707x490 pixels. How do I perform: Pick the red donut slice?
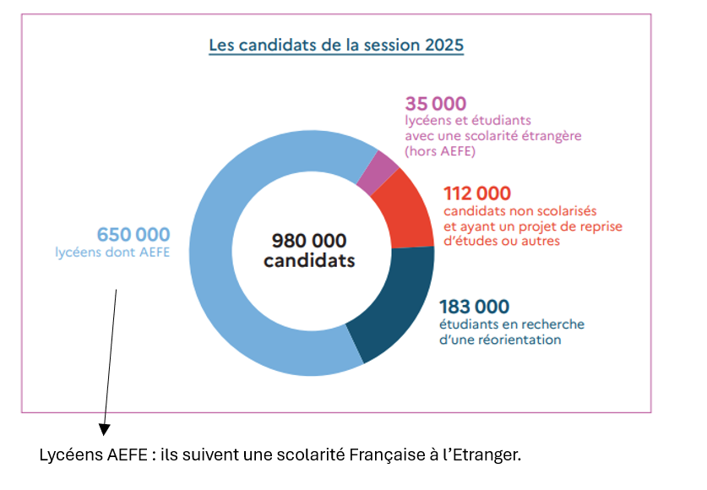pyautogui.click(x=408, y=210)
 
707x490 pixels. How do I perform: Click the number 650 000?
pyautogui.click(x=133, y=234)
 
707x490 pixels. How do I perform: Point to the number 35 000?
pyautogui.click(x=435, y=104)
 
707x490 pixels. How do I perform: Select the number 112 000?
pyautogui.click(x=477, y=194)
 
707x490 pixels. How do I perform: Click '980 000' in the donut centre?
pyautogui.click(x=309, y=241)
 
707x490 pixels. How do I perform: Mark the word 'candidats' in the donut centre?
pyautogui.click(x=309, y=261)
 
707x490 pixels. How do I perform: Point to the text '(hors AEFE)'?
pyautogui.click(x=440, y=151)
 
